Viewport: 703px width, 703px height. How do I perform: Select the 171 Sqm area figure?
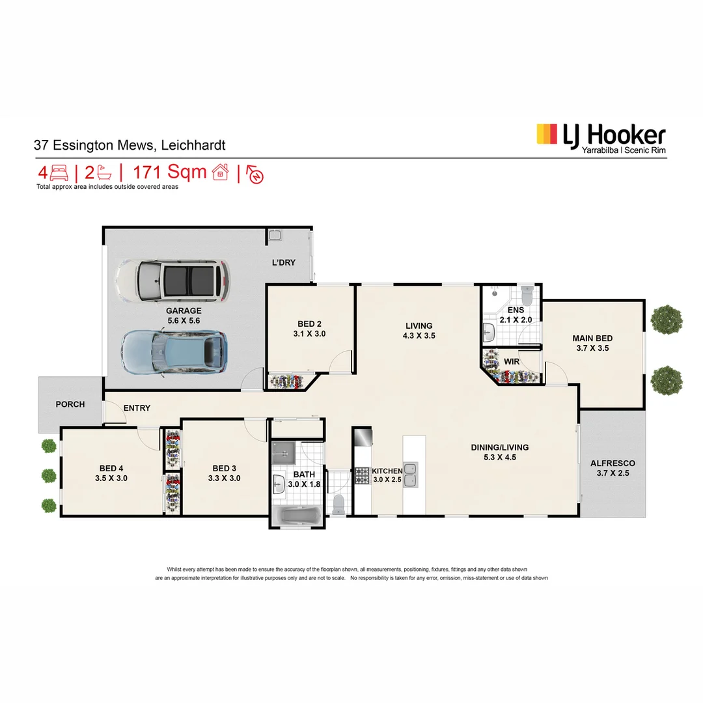[x=169, y=172]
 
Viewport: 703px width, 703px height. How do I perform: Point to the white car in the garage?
[x=172, y=281]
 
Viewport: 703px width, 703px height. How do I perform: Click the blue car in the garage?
[x=174, y=352]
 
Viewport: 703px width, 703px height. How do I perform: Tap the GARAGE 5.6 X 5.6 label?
[x=183, y=316]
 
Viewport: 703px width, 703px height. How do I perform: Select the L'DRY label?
[x=283, y=263]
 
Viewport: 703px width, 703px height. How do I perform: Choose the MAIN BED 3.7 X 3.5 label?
[x=592, y=343]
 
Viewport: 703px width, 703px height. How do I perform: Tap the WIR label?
[x=511, y=361]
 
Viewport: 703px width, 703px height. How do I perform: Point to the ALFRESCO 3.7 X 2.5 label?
[x=612, y=468]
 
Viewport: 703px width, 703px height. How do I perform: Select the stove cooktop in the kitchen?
[x=362, y=476]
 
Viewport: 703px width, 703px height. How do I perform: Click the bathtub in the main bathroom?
[x=297, y=518]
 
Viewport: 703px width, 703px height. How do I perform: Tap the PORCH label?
[x=70, y=404]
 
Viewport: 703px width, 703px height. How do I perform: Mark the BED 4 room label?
[x=111, y=473]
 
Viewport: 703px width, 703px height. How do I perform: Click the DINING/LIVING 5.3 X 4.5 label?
[x=499, y=452]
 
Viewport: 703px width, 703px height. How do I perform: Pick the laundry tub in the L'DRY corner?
[x=275, y=235]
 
